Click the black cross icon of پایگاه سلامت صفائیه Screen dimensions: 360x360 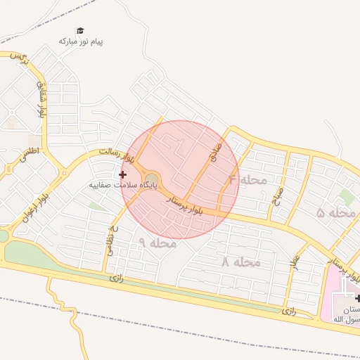(x=122, y=174)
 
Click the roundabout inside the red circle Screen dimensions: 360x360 (x=152, y=178)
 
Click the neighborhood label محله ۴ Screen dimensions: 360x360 (x=247, y=180)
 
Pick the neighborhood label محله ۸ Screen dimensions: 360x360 (x=240, y=262)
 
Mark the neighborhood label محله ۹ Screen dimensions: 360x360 (x=157, y=243)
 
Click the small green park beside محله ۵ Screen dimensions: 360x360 (x=346, y=198)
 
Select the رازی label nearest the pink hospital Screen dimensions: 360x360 (x=290, y=309)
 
